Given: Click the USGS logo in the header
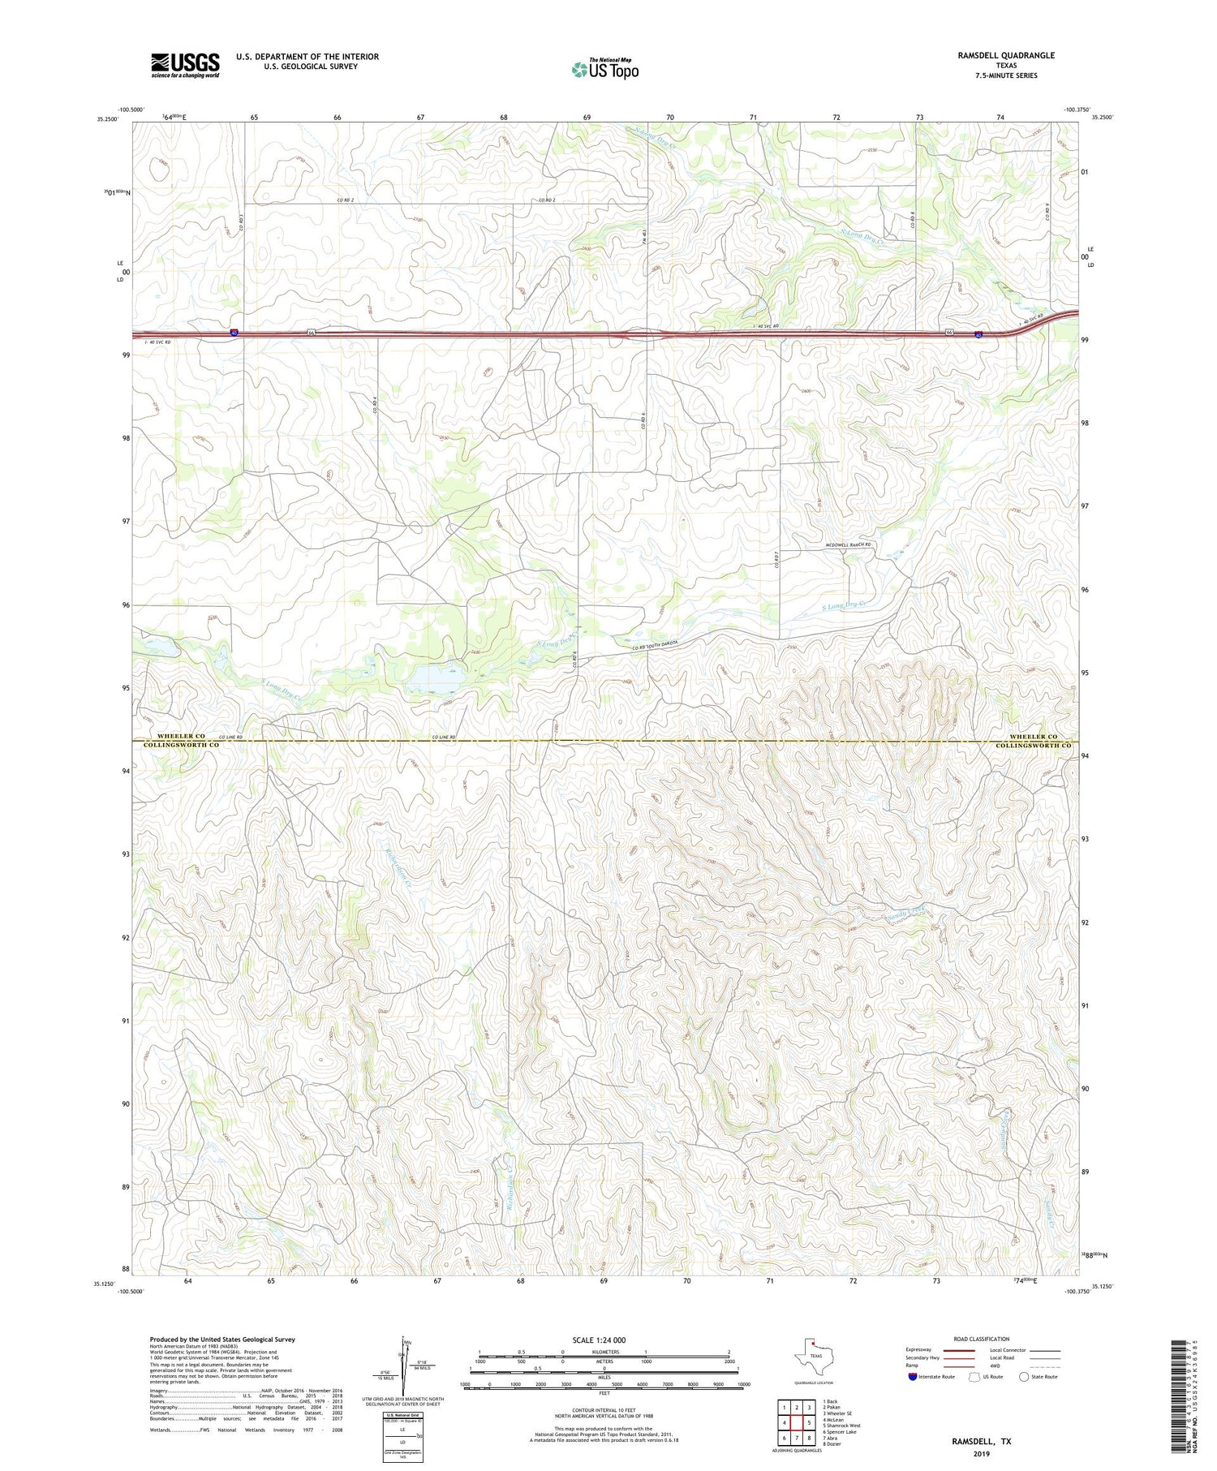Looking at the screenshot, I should coord(185,65).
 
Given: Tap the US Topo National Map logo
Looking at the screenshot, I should coord(604,69).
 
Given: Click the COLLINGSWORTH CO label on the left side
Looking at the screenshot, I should coord(182,745).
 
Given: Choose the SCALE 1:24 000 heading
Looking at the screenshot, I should coord(599,1340).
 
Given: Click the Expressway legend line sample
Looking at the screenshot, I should coord(963,1350).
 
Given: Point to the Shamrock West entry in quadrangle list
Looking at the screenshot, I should coord(841,1426).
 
